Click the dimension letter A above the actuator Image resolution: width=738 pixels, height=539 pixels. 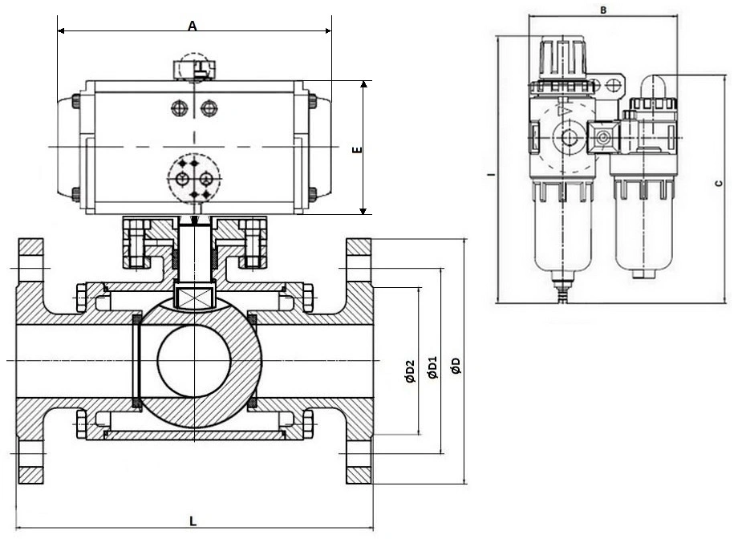(192, 26)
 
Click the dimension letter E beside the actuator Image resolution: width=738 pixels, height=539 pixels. (359, 150)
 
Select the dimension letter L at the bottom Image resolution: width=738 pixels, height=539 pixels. (193, 521)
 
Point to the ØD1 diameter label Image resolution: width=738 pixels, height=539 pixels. (432, 367)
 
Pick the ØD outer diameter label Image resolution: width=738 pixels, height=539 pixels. (455, 365)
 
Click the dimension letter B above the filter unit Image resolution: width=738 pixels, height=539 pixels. (603, 10)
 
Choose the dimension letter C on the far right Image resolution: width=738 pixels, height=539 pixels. (718, 183)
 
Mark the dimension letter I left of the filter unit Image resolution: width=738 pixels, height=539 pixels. (490, 175)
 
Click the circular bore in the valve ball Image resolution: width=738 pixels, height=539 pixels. (194, 361)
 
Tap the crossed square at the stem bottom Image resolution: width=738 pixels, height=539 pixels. (194, 297)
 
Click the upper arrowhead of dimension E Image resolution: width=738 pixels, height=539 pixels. (363, 84)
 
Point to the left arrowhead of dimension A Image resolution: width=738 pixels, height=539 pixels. (61, 31)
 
